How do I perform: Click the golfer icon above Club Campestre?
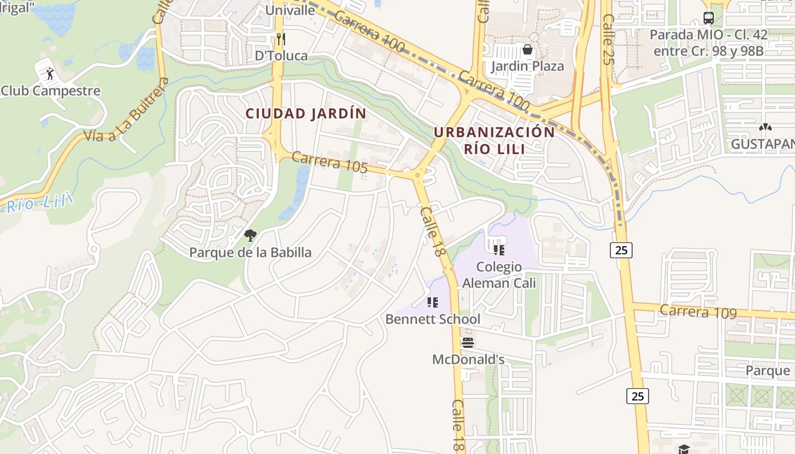(x=49, y=73)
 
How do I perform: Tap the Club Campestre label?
(x=51, y=91)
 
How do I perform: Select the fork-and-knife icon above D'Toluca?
(x=280, y=39)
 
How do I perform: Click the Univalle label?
(x=290, y=10)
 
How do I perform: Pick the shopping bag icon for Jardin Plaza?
(x=527, y=50)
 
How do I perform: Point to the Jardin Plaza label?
(x=527, y=66)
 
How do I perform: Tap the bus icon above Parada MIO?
(x=708, y=18)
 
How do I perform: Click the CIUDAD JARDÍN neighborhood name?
(x=306, y=113)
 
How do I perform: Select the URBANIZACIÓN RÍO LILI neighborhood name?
(x=494, y=140)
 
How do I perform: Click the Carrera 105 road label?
(x=329, y=162)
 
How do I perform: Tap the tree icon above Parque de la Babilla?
(x=250, y=235)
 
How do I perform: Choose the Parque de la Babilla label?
(x=250, y=253)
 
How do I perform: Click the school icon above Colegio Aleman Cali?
(x=499, y=250)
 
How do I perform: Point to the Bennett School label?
(x=433, y=320)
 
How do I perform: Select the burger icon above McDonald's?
(x=468, y=343)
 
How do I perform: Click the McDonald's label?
(x=468, y=360)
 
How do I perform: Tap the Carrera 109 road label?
(x=698, y=312)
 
